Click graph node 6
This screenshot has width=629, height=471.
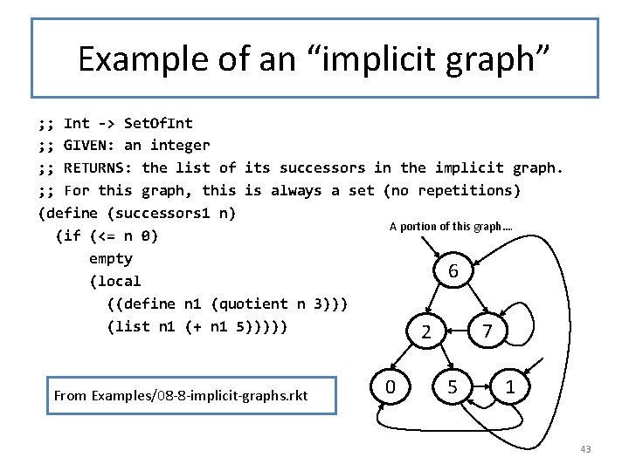(x=453, y=272)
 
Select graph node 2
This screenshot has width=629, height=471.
(x=425, y=331)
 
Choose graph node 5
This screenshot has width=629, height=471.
(x=453, y=385)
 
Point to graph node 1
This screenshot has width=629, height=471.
(x=509, y=385)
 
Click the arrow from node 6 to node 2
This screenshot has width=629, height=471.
(x=439, y=302)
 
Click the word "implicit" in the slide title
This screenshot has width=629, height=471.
(x=367, y=59)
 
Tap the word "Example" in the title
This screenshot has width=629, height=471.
(x=135, y=59)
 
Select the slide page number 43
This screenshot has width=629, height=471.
(x=585, y=449)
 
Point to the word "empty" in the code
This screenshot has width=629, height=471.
(x=111, y=259)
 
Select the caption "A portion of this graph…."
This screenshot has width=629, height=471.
(x=451, y=227)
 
